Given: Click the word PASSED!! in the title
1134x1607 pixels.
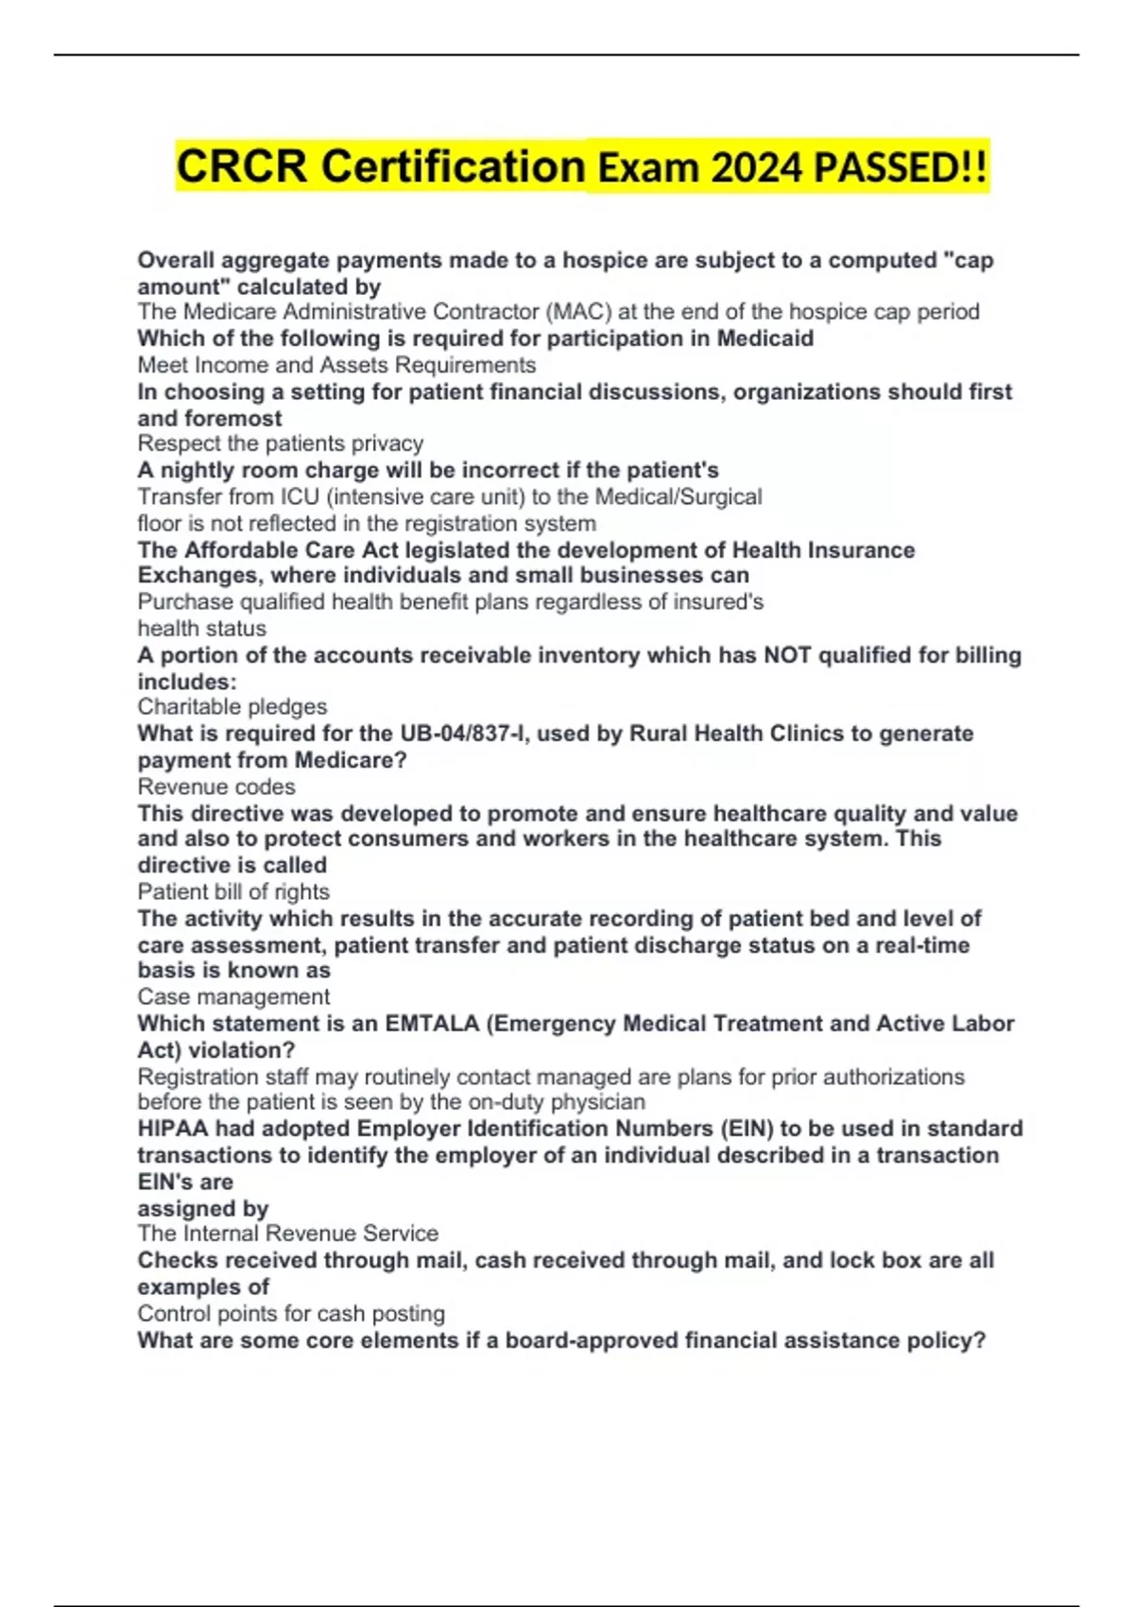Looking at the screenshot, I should [901, 168].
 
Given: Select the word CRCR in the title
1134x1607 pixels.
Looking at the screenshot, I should [242, 166].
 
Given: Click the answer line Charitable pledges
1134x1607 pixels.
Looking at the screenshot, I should [232, 707].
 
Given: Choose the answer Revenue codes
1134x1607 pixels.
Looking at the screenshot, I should [216, 786].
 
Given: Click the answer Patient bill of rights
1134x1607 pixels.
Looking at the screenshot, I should [233, 891].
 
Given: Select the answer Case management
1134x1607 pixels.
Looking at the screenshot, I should [233, 996].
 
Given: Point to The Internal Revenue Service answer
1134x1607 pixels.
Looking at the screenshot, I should [287, 1234].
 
